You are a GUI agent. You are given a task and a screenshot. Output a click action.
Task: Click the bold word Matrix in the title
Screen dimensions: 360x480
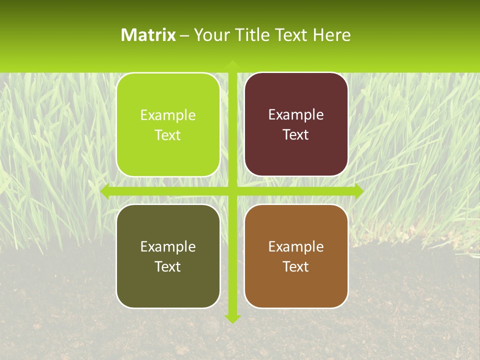(148, 35)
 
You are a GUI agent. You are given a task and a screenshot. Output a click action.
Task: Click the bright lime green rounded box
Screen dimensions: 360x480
(168, 125)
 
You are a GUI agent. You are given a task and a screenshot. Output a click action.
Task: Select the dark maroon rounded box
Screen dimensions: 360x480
(296, 124)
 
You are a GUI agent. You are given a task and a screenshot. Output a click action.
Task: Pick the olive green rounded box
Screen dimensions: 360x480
(168, 256)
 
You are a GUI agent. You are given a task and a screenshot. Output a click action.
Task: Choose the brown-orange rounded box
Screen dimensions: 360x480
(296, 256)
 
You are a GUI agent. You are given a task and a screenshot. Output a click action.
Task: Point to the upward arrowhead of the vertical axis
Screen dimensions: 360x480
(232, 64)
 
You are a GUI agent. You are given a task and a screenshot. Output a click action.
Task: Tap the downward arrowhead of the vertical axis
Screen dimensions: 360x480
(232, 318)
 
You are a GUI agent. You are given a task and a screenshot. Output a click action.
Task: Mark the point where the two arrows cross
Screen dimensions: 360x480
(232, 190)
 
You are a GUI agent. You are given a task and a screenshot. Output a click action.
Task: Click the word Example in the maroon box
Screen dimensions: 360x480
(296, 115)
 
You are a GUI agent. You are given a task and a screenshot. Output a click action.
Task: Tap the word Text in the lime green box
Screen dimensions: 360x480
(168, 135)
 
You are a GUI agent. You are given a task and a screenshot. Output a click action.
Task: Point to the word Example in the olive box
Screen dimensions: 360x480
(168, 246)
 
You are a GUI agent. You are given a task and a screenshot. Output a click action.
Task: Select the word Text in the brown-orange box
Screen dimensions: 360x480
(296, 266)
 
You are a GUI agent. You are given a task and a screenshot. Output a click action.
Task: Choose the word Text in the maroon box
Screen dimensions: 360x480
(296, 135)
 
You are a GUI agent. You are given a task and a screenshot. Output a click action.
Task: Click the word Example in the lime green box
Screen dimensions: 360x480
(168, 115)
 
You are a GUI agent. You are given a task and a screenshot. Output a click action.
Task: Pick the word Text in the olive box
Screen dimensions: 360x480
(168, 266)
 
